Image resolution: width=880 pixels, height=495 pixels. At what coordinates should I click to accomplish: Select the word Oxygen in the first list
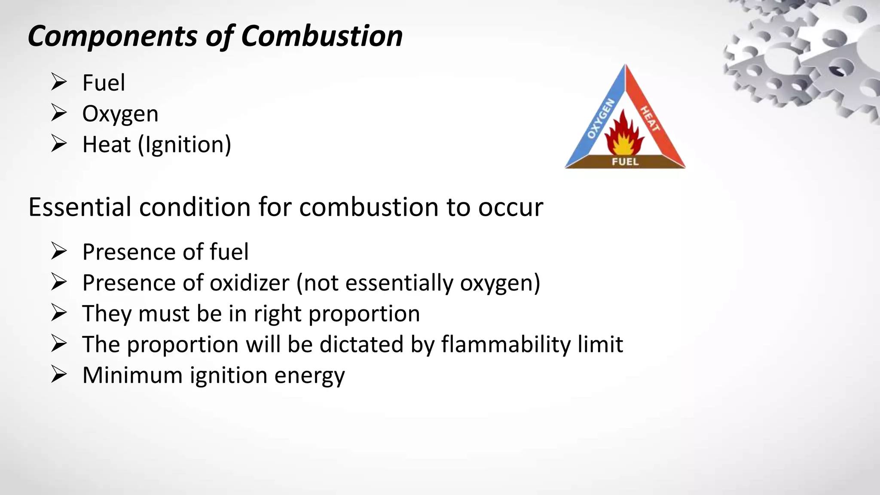pyautogui.click(x=120, y=114)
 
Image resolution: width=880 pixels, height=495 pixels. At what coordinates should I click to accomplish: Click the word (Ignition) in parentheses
pyautogui.click(x=184, y=145)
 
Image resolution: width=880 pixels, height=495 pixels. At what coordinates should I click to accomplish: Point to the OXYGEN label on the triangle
pyautogui.click(x=601, y=119)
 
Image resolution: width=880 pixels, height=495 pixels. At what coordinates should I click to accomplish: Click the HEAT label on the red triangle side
pyautogui.click(x=650, y=119)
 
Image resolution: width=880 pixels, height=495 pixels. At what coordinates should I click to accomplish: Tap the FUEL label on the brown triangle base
pyautogui.click(x=625, y=162)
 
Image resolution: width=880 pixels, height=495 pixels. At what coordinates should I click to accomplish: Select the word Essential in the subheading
pyautogui.click(x=79, y=207)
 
